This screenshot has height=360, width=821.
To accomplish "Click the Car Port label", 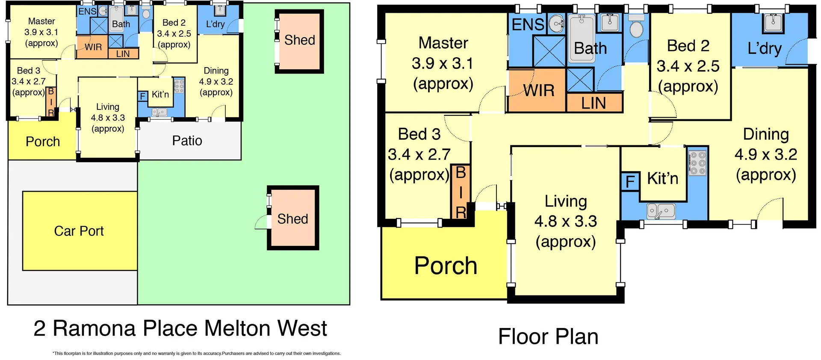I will (x=79, y=231).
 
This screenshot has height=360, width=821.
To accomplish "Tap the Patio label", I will (x=187, y=141).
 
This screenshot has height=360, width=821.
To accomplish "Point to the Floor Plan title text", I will (x=548, y=336).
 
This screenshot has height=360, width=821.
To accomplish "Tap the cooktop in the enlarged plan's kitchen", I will (x=698, y=163).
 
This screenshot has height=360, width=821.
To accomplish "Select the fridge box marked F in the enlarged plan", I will (x=630, y=182).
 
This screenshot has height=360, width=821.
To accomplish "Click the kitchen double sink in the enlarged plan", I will (x=661, y=211).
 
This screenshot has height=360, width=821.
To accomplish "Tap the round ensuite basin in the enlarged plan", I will (x=556, y=24).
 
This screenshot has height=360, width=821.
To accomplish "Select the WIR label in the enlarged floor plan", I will (x=539, y=91).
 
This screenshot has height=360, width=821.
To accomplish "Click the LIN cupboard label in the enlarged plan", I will (x=594, y=103).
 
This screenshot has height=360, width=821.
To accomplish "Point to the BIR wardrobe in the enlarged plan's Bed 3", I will (x=461, y=192).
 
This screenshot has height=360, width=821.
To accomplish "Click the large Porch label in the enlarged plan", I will (x=446, y=266).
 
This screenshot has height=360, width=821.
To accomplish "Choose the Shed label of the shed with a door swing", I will (x=292, y=219).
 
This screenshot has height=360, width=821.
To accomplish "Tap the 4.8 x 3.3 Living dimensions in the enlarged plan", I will (x=565, y=221).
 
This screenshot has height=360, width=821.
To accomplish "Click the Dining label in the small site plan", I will (x=216, y=71).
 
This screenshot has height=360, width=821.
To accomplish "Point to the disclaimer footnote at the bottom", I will (x=196, y=354).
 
